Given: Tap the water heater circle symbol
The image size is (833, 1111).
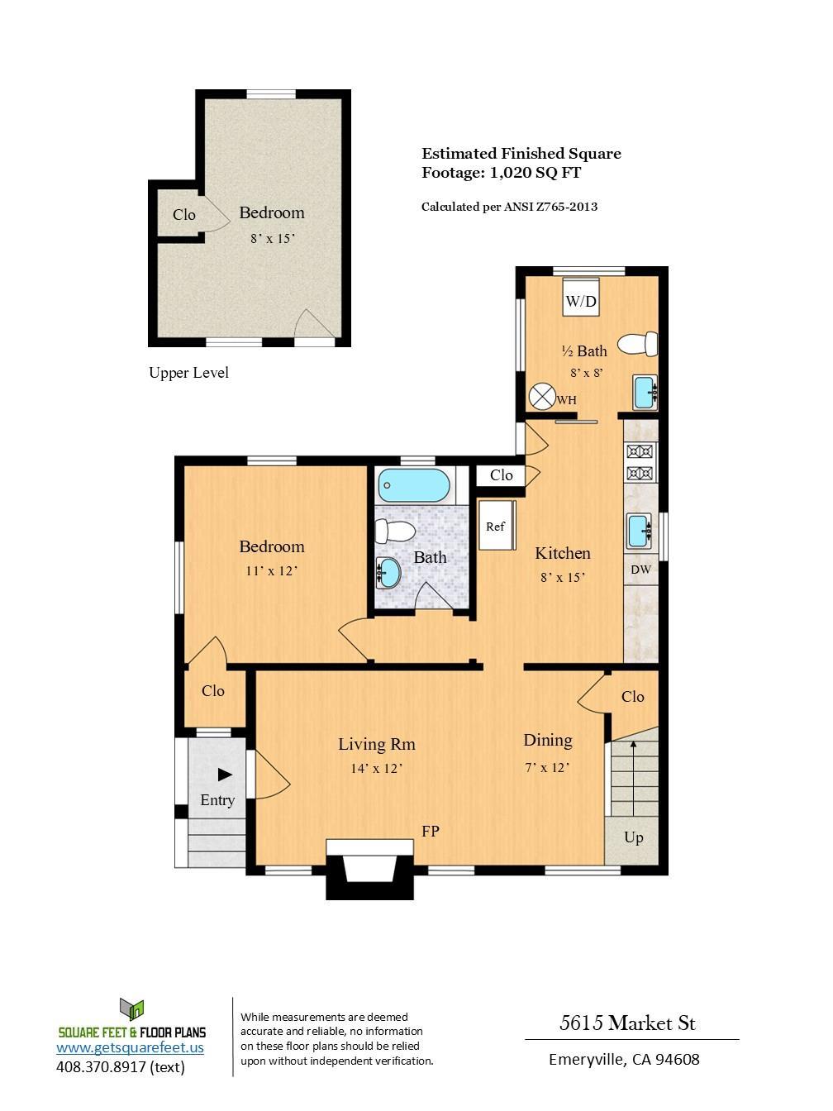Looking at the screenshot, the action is click(542, 396).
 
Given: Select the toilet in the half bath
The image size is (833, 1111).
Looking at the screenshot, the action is click(638, 344).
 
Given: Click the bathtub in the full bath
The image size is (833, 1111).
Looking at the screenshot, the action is click(414, 485).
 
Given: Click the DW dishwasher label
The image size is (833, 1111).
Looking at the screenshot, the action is click(640, 570).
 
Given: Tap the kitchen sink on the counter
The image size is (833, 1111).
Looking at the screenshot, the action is click(640, 531).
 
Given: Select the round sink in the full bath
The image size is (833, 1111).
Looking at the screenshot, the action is click(388, 573).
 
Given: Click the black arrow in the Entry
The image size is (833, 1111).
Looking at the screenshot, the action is click(225, 775).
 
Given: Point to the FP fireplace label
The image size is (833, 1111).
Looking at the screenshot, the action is click(431, 831).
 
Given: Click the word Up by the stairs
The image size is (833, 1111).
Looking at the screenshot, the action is click(633, 837).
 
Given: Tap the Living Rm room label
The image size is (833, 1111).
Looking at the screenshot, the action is click(377, 744).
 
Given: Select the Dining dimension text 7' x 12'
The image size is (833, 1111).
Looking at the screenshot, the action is click(547, 768).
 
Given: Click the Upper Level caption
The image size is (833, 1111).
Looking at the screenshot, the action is click(188, 373).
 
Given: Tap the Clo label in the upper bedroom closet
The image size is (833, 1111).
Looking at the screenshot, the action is click(184, 215).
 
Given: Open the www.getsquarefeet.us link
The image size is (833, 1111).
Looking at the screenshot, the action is click(130, 1047).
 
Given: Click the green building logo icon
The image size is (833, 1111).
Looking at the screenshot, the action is click(132, 1010).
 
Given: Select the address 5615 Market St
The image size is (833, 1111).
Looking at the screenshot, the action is click(628, 1023).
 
